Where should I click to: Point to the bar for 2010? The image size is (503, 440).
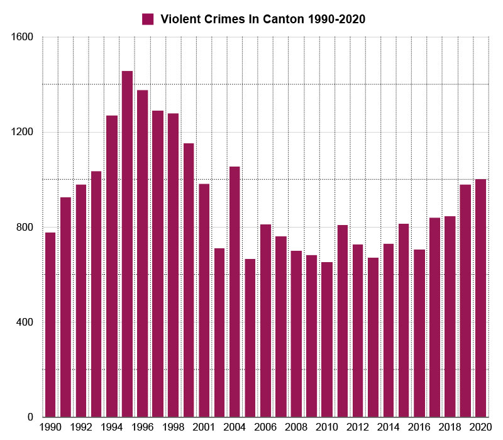327,339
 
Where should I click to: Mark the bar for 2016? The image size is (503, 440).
419,333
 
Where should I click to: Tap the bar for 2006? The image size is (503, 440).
265,321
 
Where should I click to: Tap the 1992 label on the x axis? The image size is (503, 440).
81,426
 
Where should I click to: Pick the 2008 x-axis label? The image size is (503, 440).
296,426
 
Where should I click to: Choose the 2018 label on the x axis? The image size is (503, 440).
450,426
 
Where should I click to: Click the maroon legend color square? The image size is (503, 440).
148,19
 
